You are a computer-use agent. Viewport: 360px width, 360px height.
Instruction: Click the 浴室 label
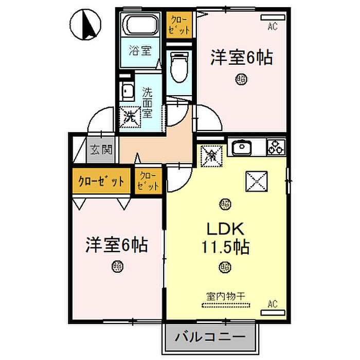[x=140, y=51]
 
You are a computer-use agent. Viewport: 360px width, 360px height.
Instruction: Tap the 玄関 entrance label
[x=101, y=150]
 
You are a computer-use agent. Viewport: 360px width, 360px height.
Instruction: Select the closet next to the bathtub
[x=180, y=24]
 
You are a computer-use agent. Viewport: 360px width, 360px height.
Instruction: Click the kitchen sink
[x=240, y=149]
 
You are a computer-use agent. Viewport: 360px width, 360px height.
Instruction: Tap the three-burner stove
[x=276, y=148]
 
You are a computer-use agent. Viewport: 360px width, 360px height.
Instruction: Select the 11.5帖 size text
[x=225, y=248]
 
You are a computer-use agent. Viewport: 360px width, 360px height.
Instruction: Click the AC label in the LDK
[x=272, y=304]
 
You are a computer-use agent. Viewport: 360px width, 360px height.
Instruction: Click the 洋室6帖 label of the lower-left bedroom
[x=117, y=244]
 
